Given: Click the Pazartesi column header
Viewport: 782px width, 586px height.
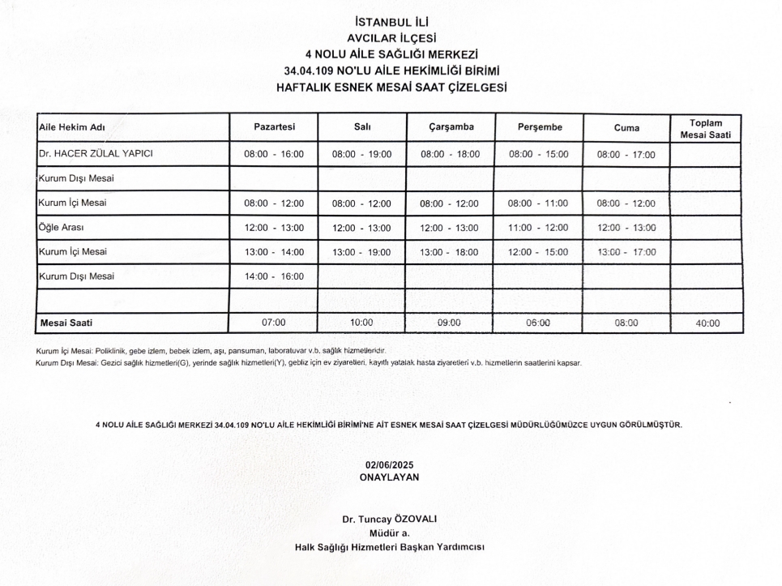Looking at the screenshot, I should [274, 127].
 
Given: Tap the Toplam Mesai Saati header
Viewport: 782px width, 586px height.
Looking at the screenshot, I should [705, 128].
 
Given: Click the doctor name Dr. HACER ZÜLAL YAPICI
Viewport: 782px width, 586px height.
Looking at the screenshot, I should [96, 153].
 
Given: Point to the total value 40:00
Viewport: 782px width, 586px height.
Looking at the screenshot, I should [707, 323].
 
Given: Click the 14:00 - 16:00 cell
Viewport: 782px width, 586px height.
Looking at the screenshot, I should [274, 276].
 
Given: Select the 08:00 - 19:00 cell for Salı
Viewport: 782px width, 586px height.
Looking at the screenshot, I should [361, 154].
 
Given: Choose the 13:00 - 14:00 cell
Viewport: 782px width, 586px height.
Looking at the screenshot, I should [274, 252].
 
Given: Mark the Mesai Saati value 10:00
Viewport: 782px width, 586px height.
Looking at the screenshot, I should [361, 323].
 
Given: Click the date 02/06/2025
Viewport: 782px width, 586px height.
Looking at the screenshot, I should [389, 464].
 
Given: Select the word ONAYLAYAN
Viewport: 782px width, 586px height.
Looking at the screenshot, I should [389, 477].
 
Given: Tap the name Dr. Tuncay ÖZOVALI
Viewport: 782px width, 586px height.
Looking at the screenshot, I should [389, 519].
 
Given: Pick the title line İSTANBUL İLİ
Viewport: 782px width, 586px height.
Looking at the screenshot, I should [391, 22].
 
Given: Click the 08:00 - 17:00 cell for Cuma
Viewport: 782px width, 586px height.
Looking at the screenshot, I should [626, 154].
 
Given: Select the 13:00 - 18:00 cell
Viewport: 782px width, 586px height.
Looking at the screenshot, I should [450, 252].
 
